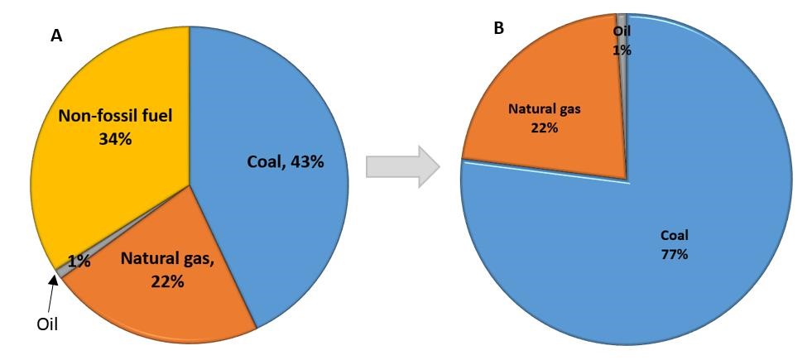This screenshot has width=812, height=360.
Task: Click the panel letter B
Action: click(498, 28)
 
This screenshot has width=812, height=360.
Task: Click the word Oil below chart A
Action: click(47, 324)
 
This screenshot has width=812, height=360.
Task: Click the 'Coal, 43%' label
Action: click(285, 161)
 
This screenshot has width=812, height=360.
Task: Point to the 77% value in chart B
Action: click(674, 254)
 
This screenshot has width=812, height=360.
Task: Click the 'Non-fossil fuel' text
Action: click(115, 116)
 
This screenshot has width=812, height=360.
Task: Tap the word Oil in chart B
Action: click(622, 31)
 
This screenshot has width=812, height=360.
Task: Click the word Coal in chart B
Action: click(674, 234)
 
